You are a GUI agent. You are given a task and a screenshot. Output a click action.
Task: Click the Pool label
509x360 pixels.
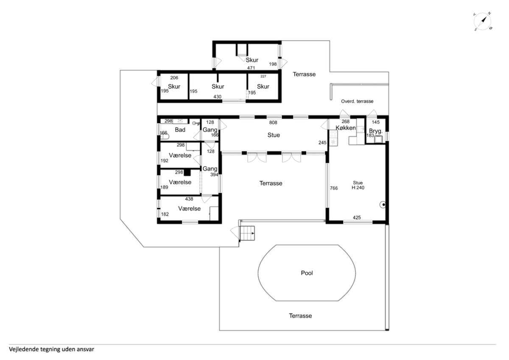tap(307, 273)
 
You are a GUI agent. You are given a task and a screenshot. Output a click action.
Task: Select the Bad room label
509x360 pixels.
tap(180, 130)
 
